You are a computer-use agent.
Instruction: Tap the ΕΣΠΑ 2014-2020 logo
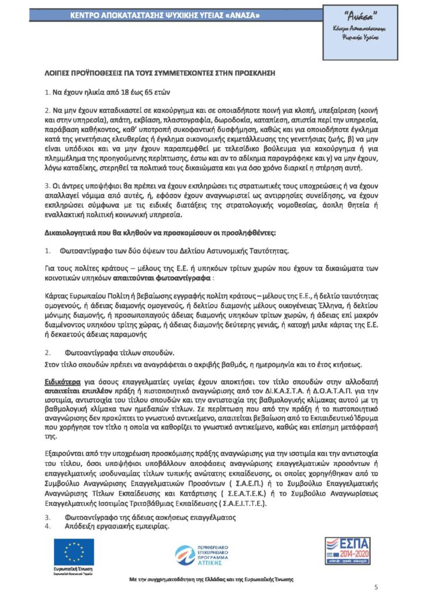click(348, 554)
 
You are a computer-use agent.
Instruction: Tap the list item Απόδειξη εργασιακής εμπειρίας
click(114, 526)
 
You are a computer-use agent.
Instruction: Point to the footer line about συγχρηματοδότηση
click(211, 579)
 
